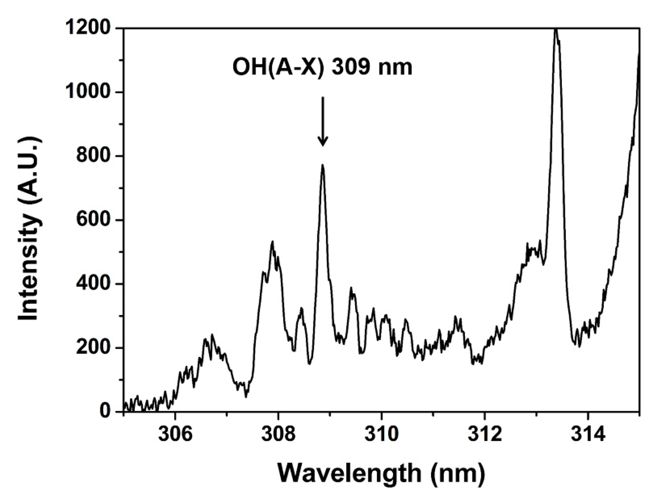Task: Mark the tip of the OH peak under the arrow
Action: pos(323,165)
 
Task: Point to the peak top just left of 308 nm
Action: pos(272,242)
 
